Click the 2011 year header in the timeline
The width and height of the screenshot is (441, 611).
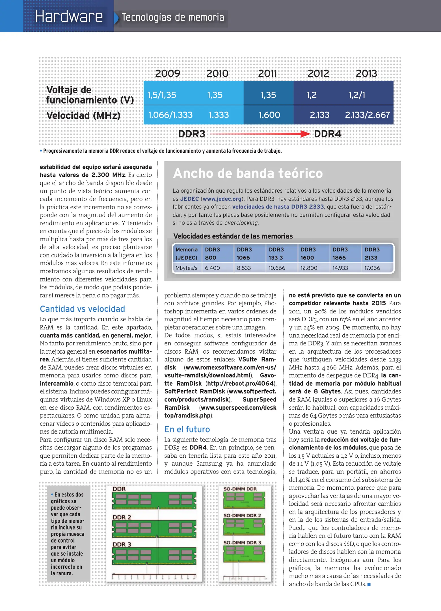click(267, 74)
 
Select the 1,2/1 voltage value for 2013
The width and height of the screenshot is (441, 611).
click(357, 95)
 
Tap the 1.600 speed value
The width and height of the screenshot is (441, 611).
click(269, 115)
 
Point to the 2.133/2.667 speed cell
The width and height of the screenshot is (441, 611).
click(367, 115)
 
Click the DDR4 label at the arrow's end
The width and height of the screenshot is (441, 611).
click(328, 134)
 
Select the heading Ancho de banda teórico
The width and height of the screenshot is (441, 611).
click(248, 173)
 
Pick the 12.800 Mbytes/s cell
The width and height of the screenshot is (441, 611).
click(309, 268)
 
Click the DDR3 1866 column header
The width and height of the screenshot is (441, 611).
click(340, 253)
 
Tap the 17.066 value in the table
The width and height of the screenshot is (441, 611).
click(372, 268)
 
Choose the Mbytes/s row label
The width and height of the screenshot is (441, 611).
click(186, 268)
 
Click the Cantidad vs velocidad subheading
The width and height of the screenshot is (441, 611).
click(82, 309)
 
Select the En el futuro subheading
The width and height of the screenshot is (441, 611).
click(187, 429)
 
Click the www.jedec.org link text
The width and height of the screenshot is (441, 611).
click(222, 199)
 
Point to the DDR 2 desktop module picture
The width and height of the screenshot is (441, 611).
click(154, 528)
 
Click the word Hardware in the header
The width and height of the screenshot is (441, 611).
click(69, 16)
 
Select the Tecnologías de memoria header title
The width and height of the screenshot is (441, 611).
click(173, 18)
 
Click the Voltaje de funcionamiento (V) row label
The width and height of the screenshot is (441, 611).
click(90, 95)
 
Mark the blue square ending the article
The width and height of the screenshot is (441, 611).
click(369, 584)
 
